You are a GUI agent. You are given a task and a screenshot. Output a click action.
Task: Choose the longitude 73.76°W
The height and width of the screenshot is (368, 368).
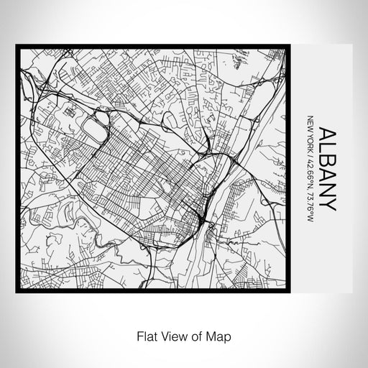pos(310,192)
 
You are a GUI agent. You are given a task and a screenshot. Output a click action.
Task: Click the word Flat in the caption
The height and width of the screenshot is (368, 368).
pos(142,334)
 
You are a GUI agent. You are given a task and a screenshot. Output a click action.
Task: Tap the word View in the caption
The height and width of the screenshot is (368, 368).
pos(170,334)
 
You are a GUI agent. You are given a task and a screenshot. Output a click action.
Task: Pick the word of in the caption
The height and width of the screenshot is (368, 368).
pos(193,334)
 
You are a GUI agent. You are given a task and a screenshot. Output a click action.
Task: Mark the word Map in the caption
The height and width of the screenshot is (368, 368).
pos(214,334)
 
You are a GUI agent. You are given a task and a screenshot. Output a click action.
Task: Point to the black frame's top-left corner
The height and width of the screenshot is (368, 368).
pos(18,46)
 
